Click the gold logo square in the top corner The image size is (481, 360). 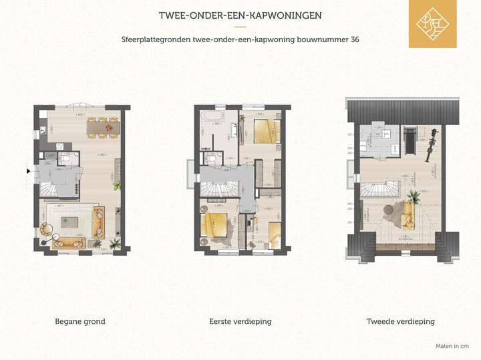pyautogui.click(x=432, y=24)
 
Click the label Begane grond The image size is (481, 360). pyautogui.click(x=79, y=321)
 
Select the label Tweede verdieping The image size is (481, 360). pyautogui.click(x=400, y=321)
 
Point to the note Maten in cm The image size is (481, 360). pyautogui.click(x=452, y=346)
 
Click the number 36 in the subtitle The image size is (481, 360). pyautogui.click(x=355, y=39)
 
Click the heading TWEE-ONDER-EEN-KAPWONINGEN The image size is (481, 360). pyautogui.click(x=240, y=15)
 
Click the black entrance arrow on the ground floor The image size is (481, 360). pyautogui.click(x=28, y=172)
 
